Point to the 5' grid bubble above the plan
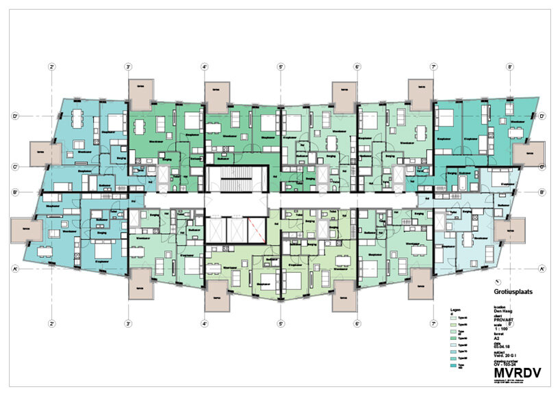(281, 67)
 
